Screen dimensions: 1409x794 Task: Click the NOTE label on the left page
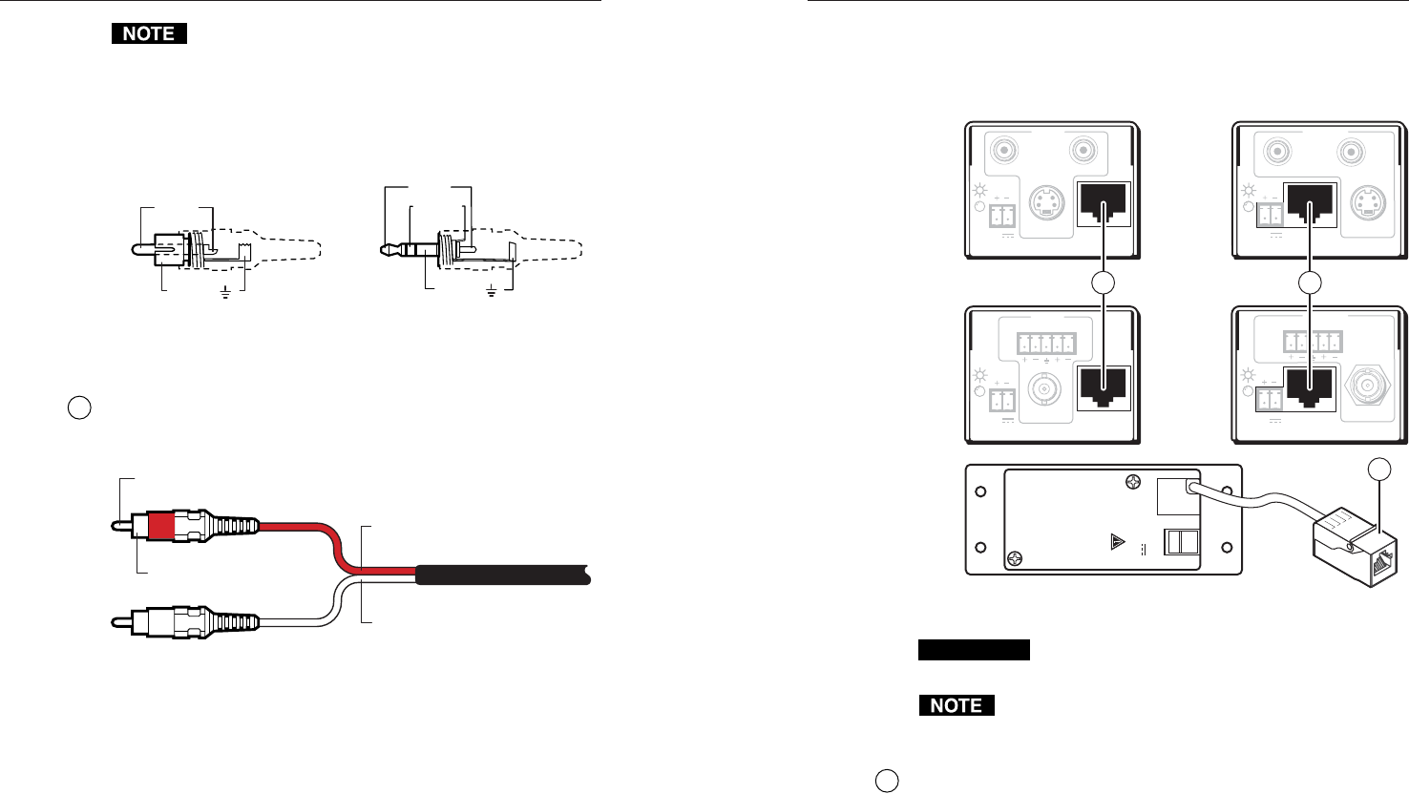pyautogui.click(x=148, y=33)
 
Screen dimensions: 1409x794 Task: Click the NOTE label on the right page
pyautogui.click(x=956, y=705)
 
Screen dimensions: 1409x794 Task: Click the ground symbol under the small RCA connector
pyautogui.click(x=225, y=292)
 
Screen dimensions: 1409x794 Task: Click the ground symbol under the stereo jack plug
pyautogui.click(x=492, y=290)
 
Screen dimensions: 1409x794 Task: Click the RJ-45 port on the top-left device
pyautogui.click(x=1103, y=202)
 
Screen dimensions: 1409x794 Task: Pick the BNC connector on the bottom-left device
pyautogui.click(x=1043, y=390)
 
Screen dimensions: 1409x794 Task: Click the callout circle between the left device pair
pyautogui.click(x=1104, y=282)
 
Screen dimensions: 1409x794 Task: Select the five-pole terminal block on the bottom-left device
pyautogui.click(x=1046, y=344)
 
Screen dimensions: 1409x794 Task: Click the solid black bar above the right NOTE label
pyautogui.click(x=974, y=650)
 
